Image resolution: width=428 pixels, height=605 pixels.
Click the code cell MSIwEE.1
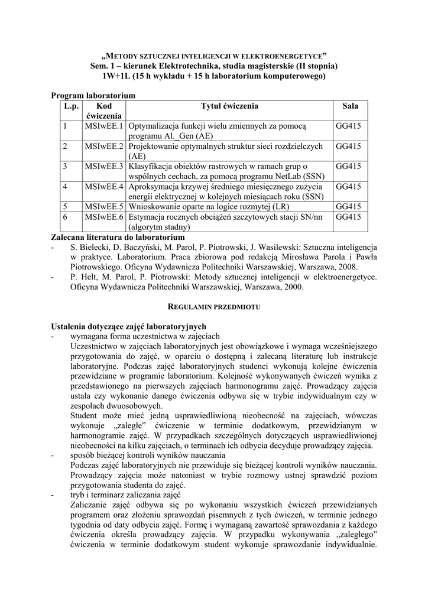(x=103, y=126)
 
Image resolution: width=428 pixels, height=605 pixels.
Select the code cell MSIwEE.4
(x=103, y=187)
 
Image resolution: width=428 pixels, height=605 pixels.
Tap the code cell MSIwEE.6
(x=103, y=217)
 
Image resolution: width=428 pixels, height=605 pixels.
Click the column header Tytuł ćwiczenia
(x=229, y=106)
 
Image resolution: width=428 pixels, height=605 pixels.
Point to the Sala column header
(x=350, y=106)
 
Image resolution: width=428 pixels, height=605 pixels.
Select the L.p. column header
(x=71, y=106)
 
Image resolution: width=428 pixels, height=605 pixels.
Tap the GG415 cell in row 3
(x=348, y=167)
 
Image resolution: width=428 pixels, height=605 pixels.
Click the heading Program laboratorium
(x=93, y=95)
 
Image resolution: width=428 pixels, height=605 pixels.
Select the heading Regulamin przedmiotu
(x=213, y=308)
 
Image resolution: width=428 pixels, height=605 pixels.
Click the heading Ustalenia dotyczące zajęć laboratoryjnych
(x=128, y=327)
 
